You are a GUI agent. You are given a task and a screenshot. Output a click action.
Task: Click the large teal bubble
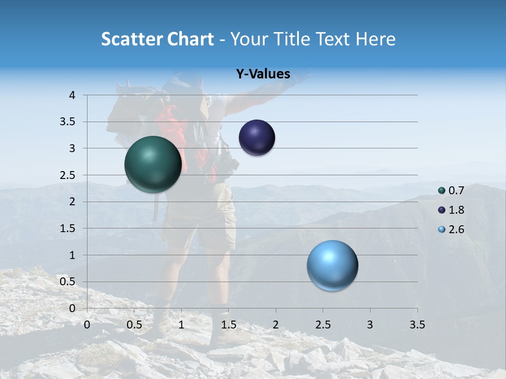(x=153, y=164)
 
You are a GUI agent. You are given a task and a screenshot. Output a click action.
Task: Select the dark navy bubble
(x=257, y=138)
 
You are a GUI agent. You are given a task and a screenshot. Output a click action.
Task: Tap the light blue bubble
(x=332, y=265)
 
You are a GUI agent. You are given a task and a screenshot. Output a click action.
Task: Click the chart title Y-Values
(x=263, y=74)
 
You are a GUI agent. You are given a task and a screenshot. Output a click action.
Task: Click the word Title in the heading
(x=291, y=39)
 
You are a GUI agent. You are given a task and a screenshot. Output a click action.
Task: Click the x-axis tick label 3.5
(x=417, y=325)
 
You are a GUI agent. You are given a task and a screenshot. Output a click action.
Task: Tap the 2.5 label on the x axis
(x=323, y=325)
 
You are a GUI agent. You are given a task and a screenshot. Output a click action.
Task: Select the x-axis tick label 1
(x=181, y=325)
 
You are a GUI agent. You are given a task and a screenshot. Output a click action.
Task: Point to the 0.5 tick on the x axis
(x=134, y=325)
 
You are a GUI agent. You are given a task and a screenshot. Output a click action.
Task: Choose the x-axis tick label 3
(x=370, y=325)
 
